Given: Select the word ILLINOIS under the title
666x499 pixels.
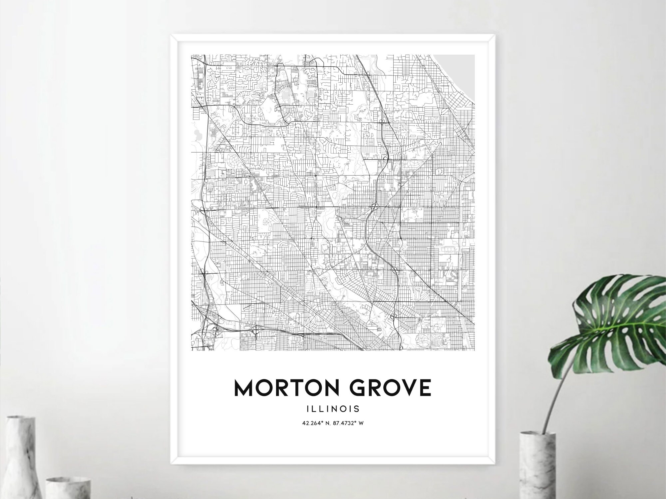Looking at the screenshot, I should coord(333,408).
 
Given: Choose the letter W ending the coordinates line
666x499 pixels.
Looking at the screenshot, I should coord(361,423).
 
